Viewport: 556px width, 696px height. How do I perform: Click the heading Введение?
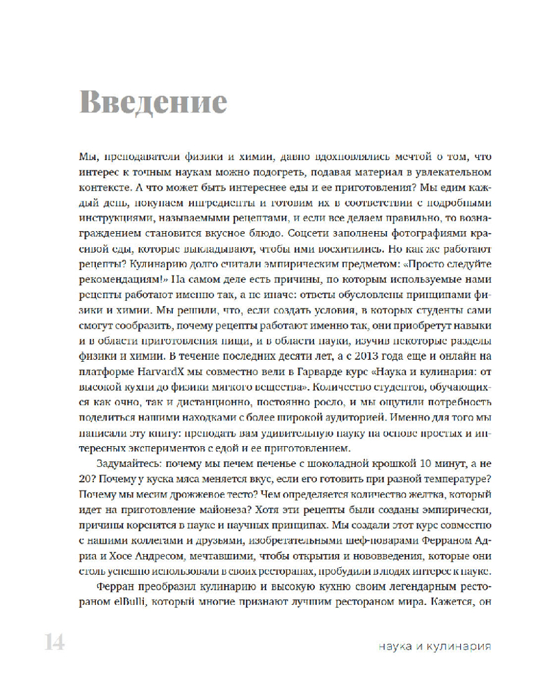click(x=152, y=102)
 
